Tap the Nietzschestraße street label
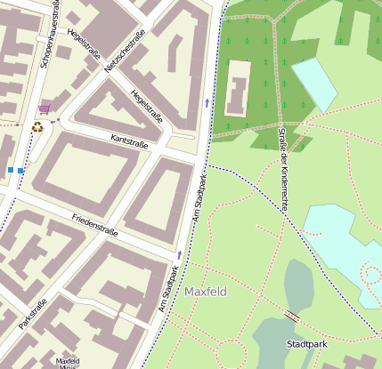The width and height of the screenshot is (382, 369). (x=121, y=53)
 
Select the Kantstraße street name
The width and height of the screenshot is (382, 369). (x=129, y=140)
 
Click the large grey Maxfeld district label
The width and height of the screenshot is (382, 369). (x=206, y=292)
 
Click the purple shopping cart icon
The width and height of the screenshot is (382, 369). (x=45, y=109)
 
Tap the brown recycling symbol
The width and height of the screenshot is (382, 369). (x=37, y=127)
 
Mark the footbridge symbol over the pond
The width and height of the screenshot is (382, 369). (x=292, y=316)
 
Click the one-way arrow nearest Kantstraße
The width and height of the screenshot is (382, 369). (x=207, y=103)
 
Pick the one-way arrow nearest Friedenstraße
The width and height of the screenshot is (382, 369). (x=179, y=254)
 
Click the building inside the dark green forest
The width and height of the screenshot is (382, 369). (x=238, y=87)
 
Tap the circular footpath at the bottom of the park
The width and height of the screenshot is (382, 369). (x=231, y=353)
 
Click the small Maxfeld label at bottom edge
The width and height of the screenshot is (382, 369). (x=68, y=362)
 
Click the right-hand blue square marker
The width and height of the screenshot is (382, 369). (x=20, y=169)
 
